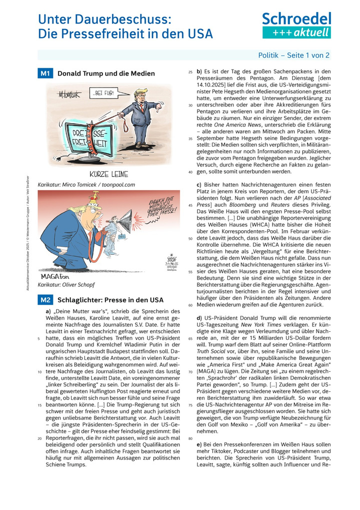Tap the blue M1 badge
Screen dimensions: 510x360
click(x=45, y=74)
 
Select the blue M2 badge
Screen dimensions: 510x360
click(x=45, y=300)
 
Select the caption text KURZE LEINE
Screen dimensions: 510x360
click(x=109, y=174)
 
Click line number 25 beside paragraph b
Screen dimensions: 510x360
click(x=190, y=72)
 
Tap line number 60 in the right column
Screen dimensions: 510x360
click(x=190, y=304)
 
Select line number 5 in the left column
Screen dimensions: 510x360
click(x=39, y=338)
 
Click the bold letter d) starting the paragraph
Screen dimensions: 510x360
click(x=200, y=318)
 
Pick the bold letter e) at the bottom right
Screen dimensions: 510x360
click(x=200, y=444)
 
